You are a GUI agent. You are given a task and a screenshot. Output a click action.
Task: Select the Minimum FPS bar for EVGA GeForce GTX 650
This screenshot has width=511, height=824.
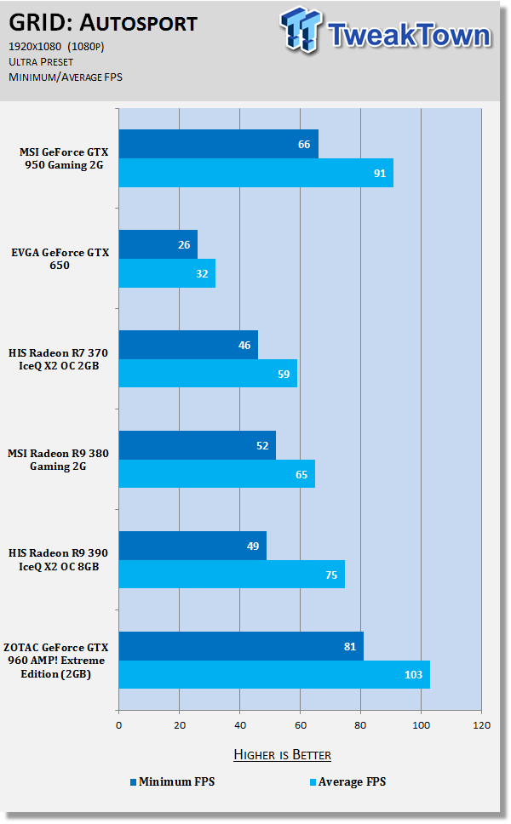[158, 244]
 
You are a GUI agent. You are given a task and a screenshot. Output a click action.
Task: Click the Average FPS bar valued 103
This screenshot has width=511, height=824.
[273, 674]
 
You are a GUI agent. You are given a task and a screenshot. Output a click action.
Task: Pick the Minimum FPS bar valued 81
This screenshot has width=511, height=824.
[240, 646]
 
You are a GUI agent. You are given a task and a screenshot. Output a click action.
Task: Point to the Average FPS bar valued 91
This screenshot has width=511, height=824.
[255, 173]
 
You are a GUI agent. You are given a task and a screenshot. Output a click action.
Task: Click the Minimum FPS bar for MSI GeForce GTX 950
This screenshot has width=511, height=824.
[218, 144]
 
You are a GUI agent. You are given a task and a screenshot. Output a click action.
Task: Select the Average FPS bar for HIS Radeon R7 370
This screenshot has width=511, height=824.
[207, 373]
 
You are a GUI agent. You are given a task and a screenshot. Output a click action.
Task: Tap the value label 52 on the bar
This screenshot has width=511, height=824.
[261, 445]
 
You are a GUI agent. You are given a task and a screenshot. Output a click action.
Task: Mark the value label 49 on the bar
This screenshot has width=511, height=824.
[252, 546]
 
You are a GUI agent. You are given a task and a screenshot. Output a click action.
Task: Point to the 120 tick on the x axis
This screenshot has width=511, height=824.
[481, 725]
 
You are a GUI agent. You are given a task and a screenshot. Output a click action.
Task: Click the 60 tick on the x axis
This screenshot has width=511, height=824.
[300, 725]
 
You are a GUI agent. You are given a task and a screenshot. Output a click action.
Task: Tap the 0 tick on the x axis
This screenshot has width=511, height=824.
[118, 725]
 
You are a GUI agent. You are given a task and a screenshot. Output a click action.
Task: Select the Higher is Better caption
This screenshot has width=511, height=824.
[282, 755]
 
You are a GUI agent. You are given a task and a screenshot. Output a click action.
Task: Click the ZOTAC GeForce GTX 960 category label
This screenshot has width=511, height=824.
[65, 661]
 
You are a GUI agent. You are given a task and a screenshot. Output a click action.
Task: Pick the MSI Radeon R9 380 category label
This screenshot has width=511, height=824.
[65, 460]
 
